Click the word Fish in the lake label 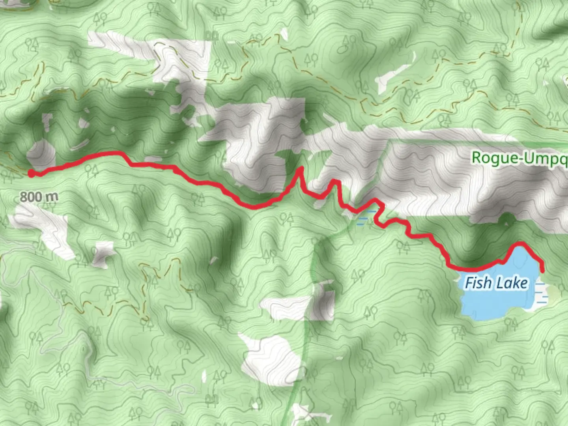[478, 283]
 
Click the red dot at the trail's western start [31, 173]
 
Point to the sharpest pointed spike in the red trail [300, 169]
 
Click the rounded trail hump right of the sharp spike [335, 182]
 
